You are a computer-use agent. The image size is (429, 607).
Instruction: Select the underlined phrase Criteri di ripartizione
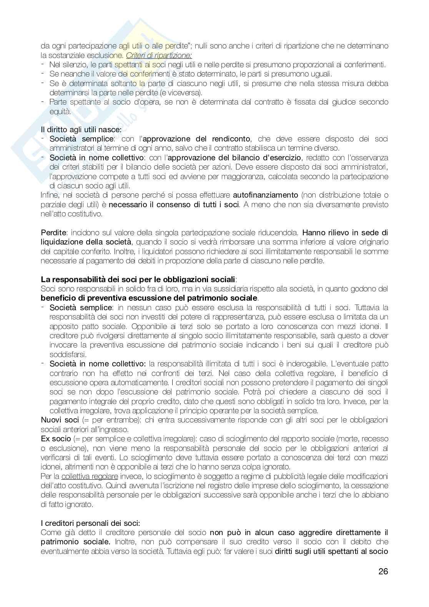159,55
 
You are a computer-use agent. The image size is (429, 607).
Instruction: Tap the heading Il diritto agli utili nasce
81,130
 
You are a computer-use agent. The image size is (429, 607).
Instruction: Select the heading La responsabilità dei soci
138,279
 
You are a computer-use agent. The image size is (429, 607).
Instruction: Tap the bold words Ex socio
56,439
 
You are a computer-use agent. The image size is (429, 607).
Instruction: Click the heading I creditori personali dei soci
90,523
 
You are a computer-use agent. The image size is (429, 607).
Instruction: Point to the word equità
60,111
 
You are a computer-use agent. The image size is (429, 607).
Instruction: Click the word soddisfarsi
68,354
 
